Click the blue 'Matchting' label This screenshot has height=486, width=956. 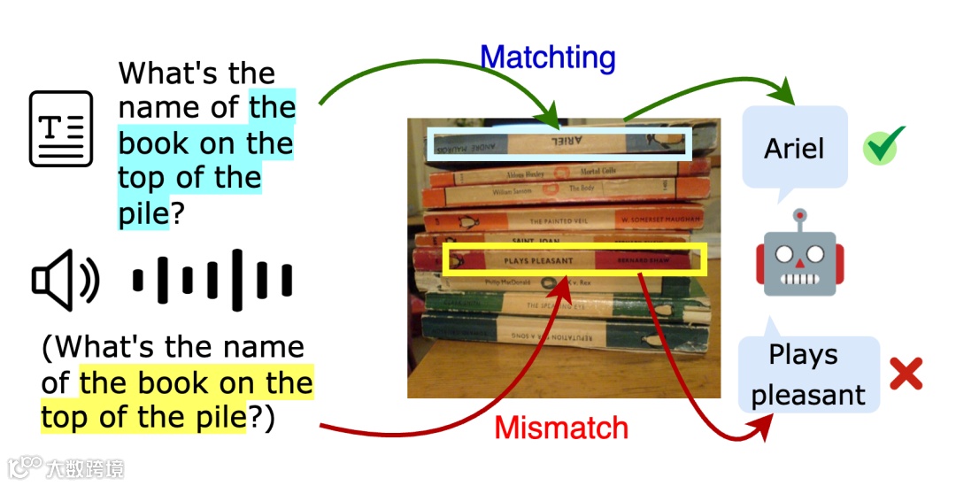pos(547,58)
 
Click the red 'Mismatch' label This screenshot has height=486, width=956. pos(561,428)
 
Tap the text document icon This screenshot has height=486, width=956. pos(61,128)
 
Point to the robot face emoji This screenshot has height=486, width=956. pos(800,258)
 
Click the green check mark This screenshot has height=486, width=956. pos(883,147)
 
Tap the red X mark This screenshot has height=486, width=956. pos(905,374)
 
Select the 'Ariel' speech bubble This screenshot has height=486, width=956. pos(794,149)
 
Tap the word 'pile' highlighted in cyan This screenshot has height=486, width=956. pos(143,213)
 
